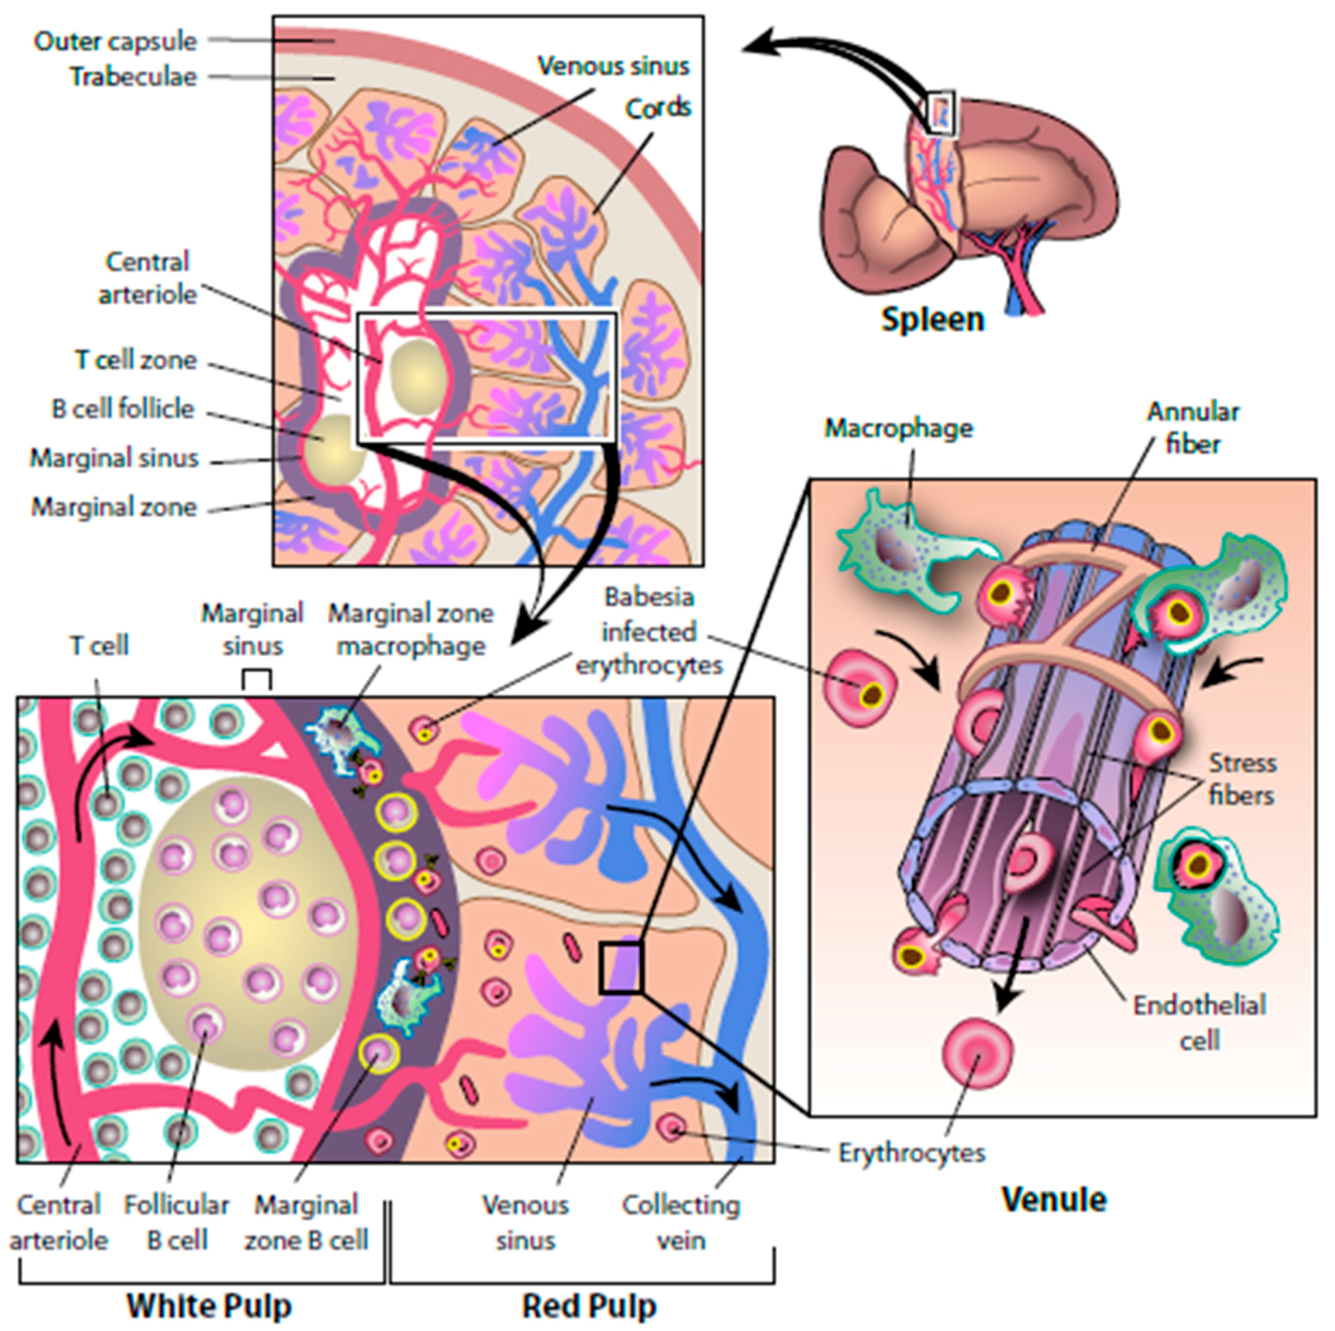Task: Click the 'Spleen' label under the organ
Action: coord(931,320)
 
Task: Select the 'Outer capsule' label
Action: coord(115,42)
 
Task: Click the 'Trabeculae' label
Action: coord(133,77)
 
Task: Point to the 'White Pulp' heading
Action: coord(208,1305)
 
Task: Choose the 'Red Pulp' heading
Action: coord(588,1305)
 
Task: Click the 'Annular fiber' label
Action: coord(1193,427)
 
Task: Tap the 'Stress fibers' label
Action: coord(1241,779)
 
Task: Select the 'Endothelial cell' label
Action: coord(1199,1022)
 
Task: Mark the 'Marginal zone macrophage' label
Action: coord(411,630)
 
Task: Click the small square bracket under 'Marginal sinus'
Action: coord(256,679)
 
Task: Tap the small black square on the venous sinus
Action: coord(620,968)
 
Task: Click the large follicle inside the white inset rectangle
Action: coord(417,376)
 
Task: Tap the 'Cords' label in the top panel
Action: coord(657,108)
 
